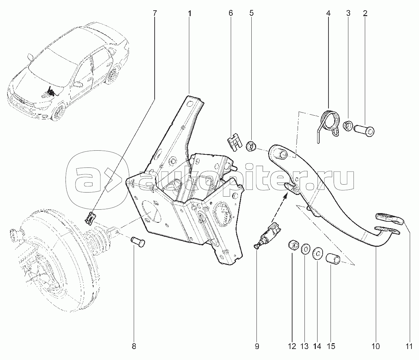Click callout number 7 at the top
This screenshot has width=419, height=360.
[154, 13]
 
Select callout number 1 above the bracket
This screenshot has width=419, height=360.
[190, 13]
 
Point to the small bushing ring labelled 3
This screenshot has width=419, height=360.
[347, 126]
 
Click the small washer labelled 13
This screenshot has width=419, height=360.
[305, 249]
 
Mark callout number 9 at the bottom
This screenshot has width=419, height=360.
[257, 346]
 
